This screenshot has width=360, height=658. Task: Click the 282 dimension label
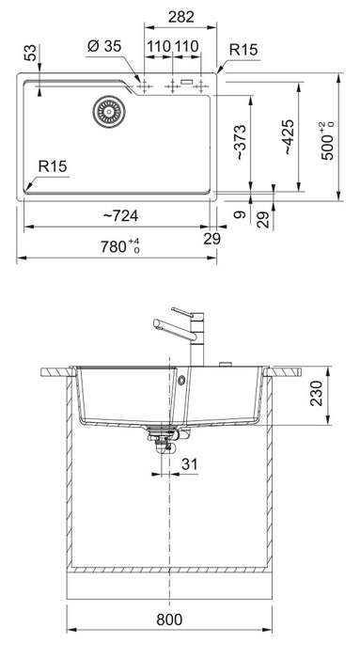click(180, 17)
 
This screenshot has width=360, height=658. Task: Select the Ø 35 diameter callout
click(104, 46)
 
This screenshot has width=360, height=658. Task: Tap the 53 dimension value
click(30, 53)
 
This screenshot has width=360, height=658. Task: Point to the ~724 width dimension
click(120, 215)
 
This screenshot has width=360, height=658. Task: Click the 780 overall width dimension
click(119, 246)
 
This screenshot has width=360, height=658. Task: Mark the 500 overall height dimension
click(328, 141)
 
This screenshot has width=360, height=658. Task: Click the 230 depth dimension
click(316, 393)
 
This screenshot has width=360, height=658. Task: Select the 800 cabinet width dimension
click(169, 619)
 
